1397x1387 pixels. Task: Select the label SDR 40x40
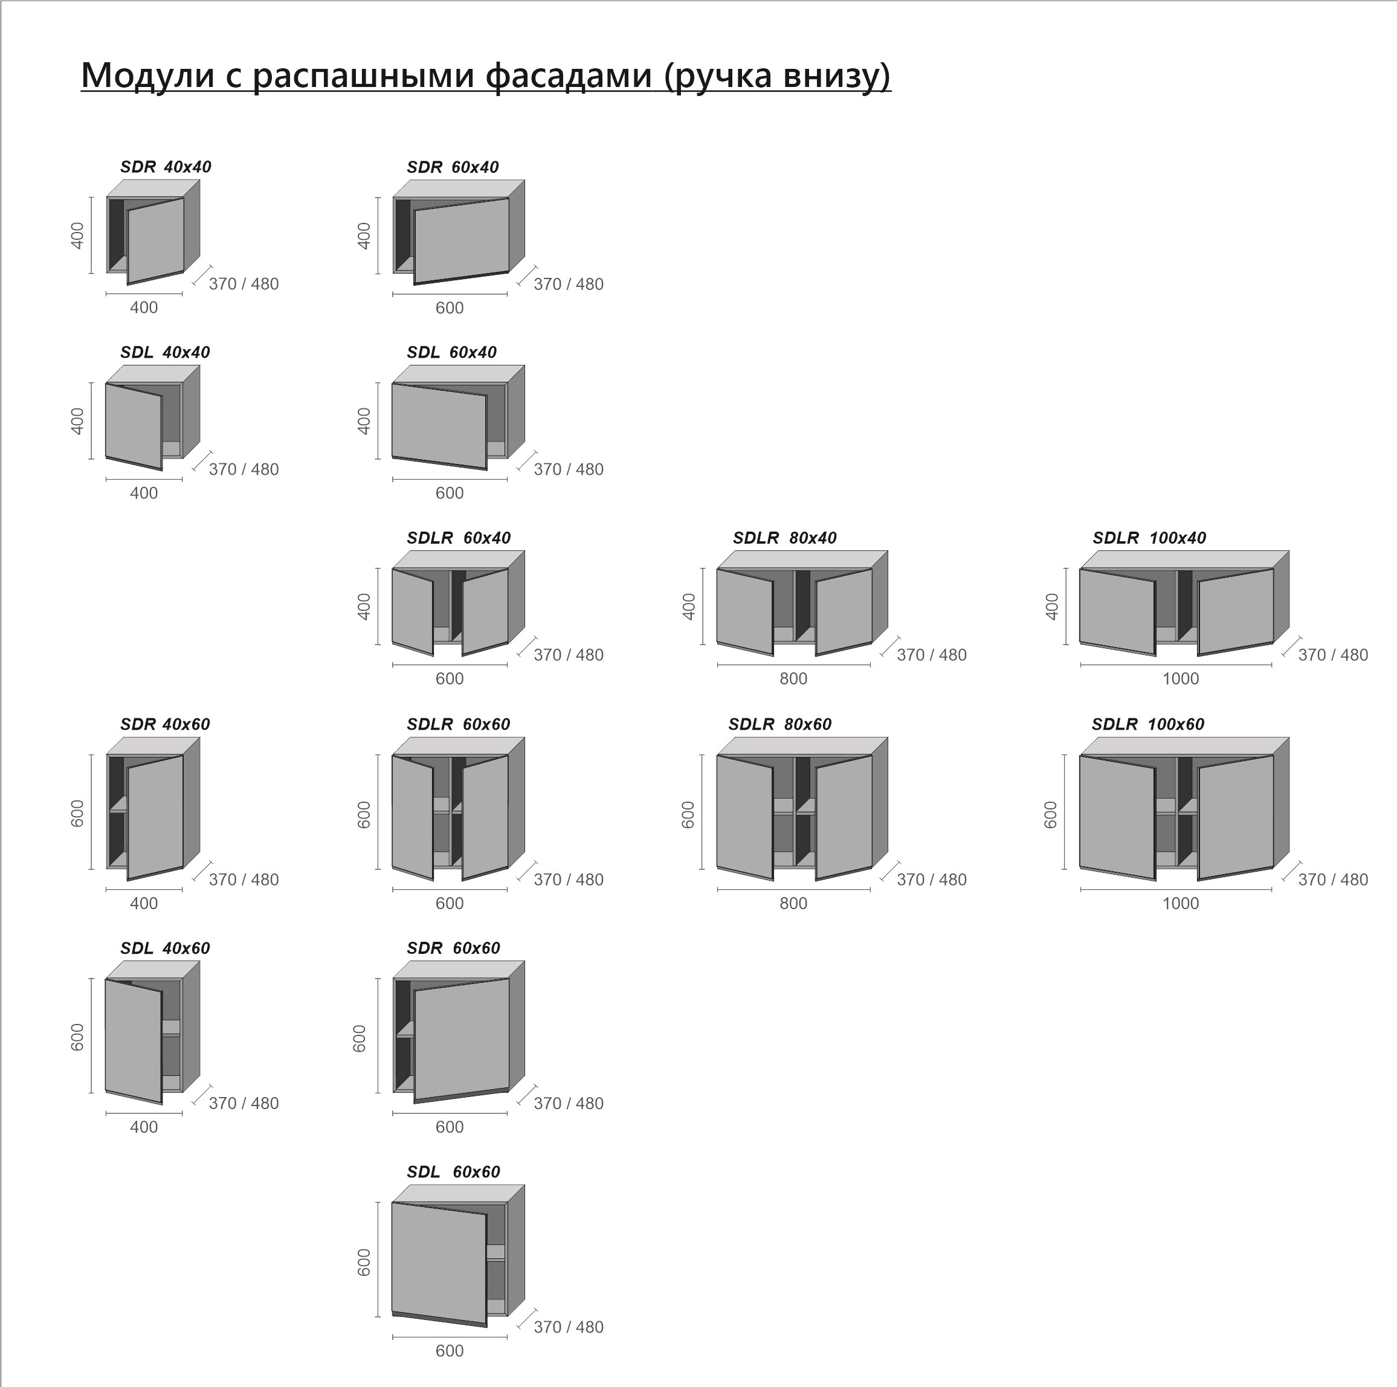coord(166,167)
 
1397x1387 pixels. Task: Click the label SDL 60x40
coord(451,353)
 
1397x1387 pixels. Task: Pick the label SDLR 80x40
coord(784,538)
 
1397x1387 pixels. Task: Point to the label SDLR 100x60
coord(1148,724)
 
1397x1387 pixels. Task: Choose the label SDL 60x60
coord(453,1171)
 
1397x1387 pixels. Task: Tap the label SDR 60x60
coord(453,948)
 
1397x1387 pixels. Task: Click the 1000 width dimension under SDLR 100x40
coord(1180,678)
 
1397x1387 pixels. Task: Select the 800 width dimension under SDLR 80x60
coord(793,904)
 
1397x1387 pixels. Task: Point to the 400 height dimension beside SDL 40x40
coord(77,422)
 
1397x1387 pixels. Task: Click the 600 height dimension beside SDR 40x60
coord(77,814)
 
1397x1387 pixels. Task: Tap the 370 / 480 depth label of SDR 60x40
coord(569,285)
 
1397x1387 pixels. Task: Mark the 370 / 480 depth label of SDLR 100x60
coord(1332,880)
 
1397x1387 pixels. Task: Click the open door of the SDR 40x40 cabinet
coord(155,240)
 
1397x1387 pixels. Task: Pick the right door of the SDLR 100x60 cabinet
coord(1236,817)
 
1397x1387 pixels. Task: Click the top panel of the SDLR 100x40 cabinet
coord(1184,560)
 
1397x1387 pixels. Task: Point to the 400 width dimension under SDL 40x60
coord(144,1127)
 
